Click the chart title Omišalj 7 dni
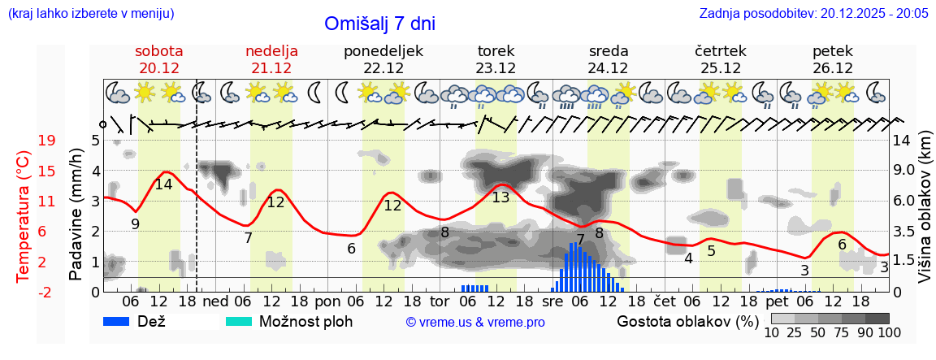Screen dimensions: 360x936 379,24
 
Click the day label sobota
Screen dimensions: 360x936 158,51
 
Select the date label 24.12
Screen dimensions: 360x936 609,68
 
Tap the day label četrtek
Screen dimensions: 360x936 721,51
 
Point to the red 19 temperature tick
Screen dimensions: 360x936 47,141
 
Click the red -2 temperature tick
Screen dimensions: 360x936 47,292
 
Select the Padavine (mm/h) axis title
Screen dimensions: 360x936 76,214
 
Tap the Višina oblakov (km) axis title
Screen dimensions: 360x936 925,207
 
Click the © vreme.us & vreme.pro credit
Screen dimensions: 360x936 475,322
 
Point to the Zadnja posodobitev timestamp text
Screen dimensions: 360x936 813,13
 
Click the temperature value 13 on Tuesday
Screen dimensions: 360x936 500,197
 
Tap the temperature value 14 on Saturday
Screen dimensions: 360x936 163,184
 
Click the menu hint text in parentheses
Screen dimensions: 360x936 90,13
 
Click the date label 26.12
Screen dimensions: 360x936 833,68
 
